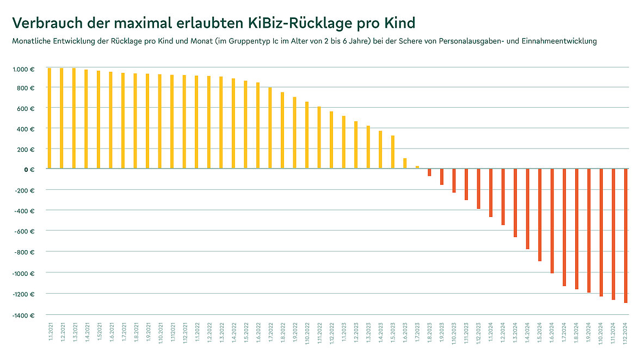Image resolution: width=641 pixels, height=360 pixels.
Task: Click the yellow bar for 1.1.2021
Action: (x=50, y=118)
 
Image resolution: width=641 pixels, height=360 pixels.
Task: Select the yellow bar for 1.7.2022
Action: (x=270, y=128)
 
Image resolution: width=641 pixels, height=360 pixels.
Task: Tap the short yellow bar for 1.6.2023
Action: (x=405, y=163)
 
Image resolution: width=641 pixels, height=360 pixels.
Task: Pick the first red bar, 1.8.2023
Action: (x=429, y=172)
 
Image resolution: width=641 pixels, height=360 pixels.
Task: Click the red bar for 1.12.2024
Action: (x=626, y=235)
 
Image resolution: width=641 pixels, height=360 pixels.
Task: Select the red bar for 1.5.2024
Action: (x=540, y=215)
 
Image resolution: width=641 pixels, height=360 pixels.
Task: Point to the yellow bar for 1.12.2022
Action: (x=331, y=140)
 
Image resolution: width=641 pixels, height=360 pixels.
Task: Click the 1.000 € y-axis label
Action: (x=23, y=69)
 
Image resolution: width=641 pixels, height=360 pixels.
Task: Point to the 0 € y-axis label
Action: (x=29, y=169)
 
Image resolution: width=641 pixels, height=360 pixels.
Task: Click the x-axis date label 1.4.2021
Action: (x=86, y=332)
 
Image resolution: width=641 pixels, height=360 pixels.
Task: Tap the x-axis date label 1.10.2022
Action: (x=307, y=333)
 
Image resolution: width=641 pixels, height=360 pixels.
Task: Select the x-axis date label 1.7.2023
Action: (x=417, y=332)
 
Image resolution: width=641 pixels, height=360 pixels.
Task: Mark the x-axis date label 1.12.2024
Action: (x=626, y=333)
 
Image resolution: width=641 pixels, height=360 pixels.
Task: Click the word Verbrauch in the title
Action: (x=46, y=23)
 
